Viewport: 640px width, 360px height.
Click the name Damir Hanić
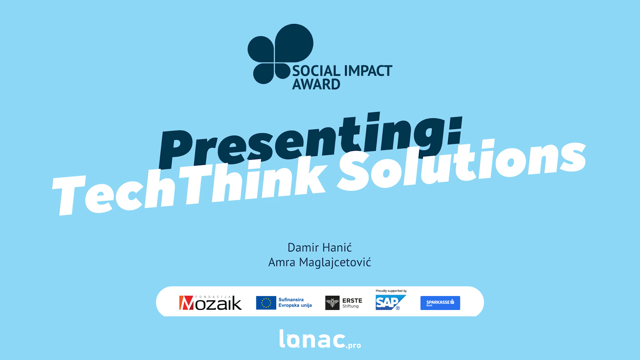[x=320, y=247]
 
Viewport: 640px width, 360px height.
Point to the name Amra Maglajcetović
[x=320, y=262]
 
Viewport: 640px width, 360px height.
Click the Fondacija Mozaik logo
[x=210, y=303]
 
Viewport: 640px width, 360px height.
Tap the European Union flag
[x=266, y=303]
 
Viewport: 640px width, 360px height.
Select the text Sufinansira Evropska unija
[x=295, y=302]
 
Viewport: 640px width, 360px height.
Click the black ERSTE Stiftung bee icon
[x=332, y=303]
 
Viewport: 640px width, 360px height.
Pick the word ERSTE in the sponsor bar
[x=352, y=300]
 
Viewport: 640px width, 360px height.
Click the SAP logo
[x=391, y=302]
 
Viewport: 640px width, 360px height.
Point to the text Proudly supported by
[x=391, y=291]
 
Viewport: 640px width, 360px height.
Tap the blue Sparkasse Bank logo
[x=440, y=303]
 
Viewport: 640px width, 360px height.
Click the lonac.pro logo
[x=320, y=339]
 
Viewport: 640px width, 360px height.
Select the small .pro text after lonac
[x=354, y=345]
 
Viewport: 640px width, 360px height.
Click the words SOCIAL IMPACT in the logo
[x=342, y=71]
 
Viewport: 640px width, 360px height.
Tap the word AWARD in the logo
[x=316, y=84]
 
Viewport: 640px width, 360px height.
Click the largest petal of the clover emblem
[x=294, y=43]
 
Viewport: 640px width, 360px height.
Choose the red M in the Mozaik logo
[x=186, y=303]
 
